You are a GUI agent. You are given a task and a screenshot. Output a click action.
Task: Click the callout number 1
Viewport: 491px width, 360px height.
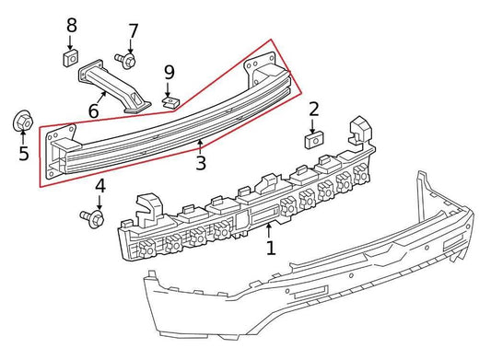coord(270,249)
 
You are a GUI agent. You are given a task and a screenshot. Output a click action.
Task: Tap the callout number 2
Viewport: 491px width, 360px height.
coord(314,110)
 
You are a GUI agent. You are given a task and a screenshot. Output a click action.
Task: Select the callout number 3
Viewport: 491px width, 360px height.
coord(200,165)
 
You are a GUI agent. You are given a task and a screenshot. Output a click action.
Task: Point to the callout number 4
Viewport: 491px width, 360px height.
coord(100,187)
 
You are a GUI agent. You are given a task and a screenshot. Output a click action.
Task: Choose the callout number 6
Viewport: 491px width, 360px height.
coord(93,110)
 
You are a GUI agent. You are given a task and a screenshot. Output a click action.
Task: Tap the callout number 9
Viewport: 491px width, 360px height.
coord(169,71)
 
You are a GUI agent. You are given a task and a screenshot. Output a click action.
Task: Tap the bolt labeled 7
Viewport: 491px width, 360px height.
coord(127,61)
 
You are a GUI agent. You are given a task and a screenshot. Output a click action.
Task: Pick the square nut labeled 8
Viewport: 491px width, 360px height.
coord(70,59)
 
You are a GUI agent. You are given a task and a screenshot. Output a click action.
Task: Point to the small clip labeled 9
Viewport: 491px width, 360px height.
coord(170,98)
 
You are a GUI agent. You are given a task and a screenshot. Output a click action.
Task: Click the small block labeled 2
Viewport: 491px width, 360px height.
coord(311,140)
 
